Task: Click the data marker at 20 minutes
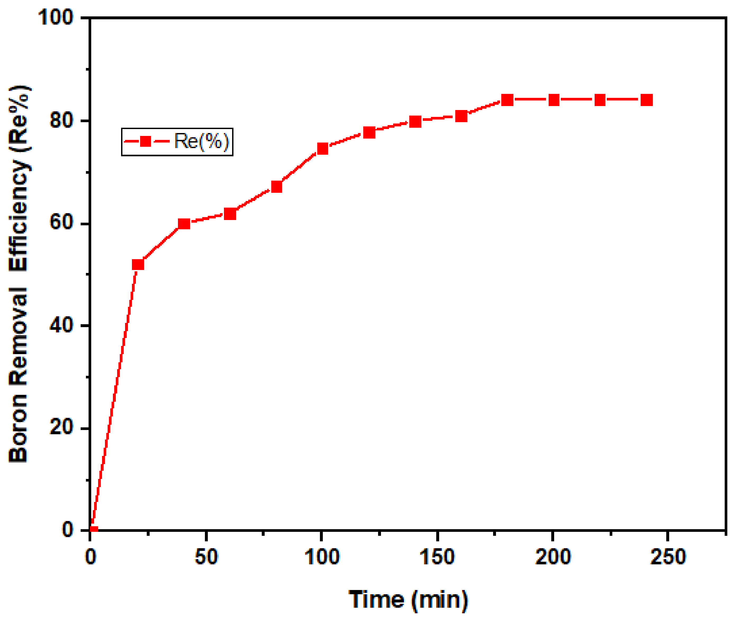138,264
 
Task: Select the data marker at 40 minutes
184,223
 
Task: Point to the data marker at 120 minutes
369,132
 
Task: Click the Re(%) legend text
202,141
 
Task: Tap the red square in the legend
145,141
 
